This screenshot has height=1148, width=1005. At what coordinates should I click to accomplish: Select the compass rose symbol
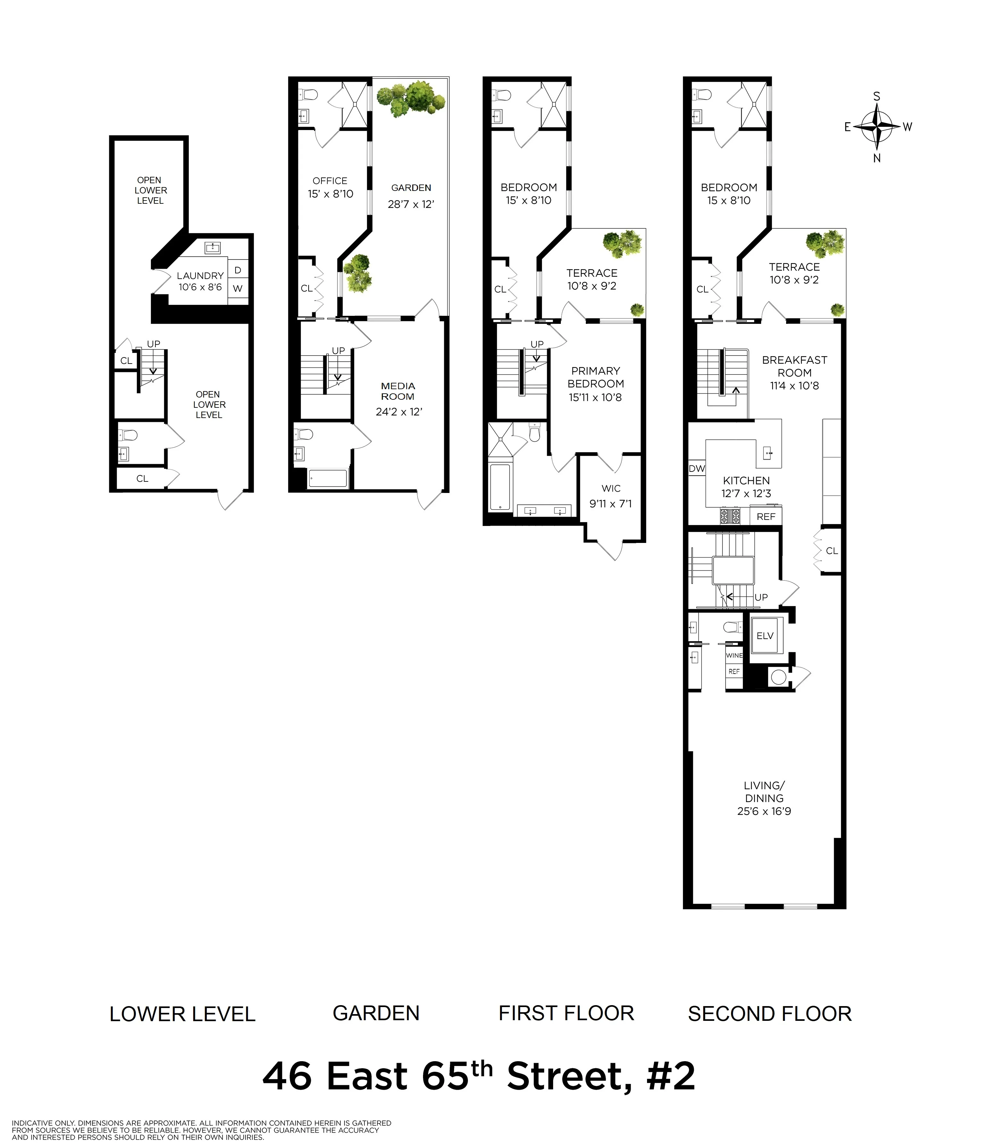click(876, 127)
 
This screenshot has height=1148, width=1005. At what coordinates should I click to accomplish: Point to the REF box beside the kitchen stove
click(766, 516)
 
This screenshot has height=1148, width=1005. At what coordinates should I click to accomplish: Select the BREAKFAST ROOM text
click(794, 366)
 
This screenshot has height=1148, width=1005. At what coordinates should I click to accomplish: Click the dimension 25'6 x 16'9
click(764, 811)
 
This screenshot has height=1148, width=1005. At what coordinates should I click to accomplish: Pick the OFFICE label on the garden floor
click(330, 181)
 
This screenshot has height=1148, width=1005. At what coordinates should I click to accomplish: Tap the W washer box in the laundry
click(238, 289)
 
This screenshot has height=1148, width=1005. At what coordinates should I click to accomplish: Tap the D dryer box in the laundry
click(238, 270)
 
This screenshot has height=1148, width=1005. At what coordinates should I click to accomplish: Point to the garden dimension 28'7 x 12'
click(411, 204)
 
